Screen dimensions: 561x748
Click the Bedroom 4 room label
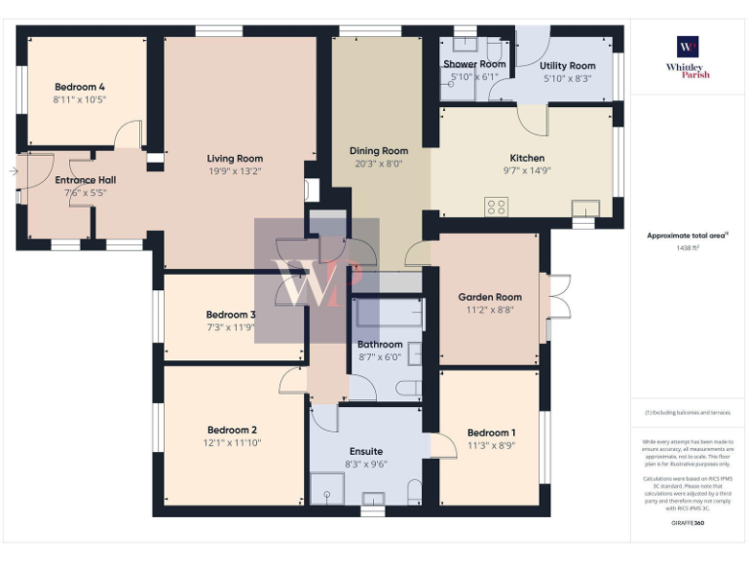[x=80, y=86]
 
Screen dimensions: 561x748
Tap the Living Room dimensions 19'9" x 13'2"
[x=234, y=171]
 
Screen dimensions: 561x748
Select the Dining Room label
[x=379, y=151]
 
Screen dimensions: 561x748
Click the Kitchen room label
[x=527, y=158]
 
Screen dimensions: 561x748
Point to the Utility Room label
[x=567, y=66]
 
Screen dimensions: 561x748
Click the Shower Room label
[x=474, y=64]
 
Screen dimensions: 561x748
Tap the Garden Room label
[x=490, y=297]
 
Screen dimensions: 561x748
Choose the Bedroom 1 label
[x=491, y=432]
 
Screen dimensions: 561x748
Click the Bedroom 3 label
[x=231, y=315]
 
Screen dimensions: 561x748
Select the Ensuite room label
[x=365, y=451]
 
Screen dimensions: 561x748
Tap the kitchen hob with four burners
[x=497, y=206]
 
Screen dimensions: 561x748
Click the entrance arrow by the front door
[x=12, y=171]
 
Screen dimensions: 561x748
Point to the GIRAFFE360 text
[x=688, y=524]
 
